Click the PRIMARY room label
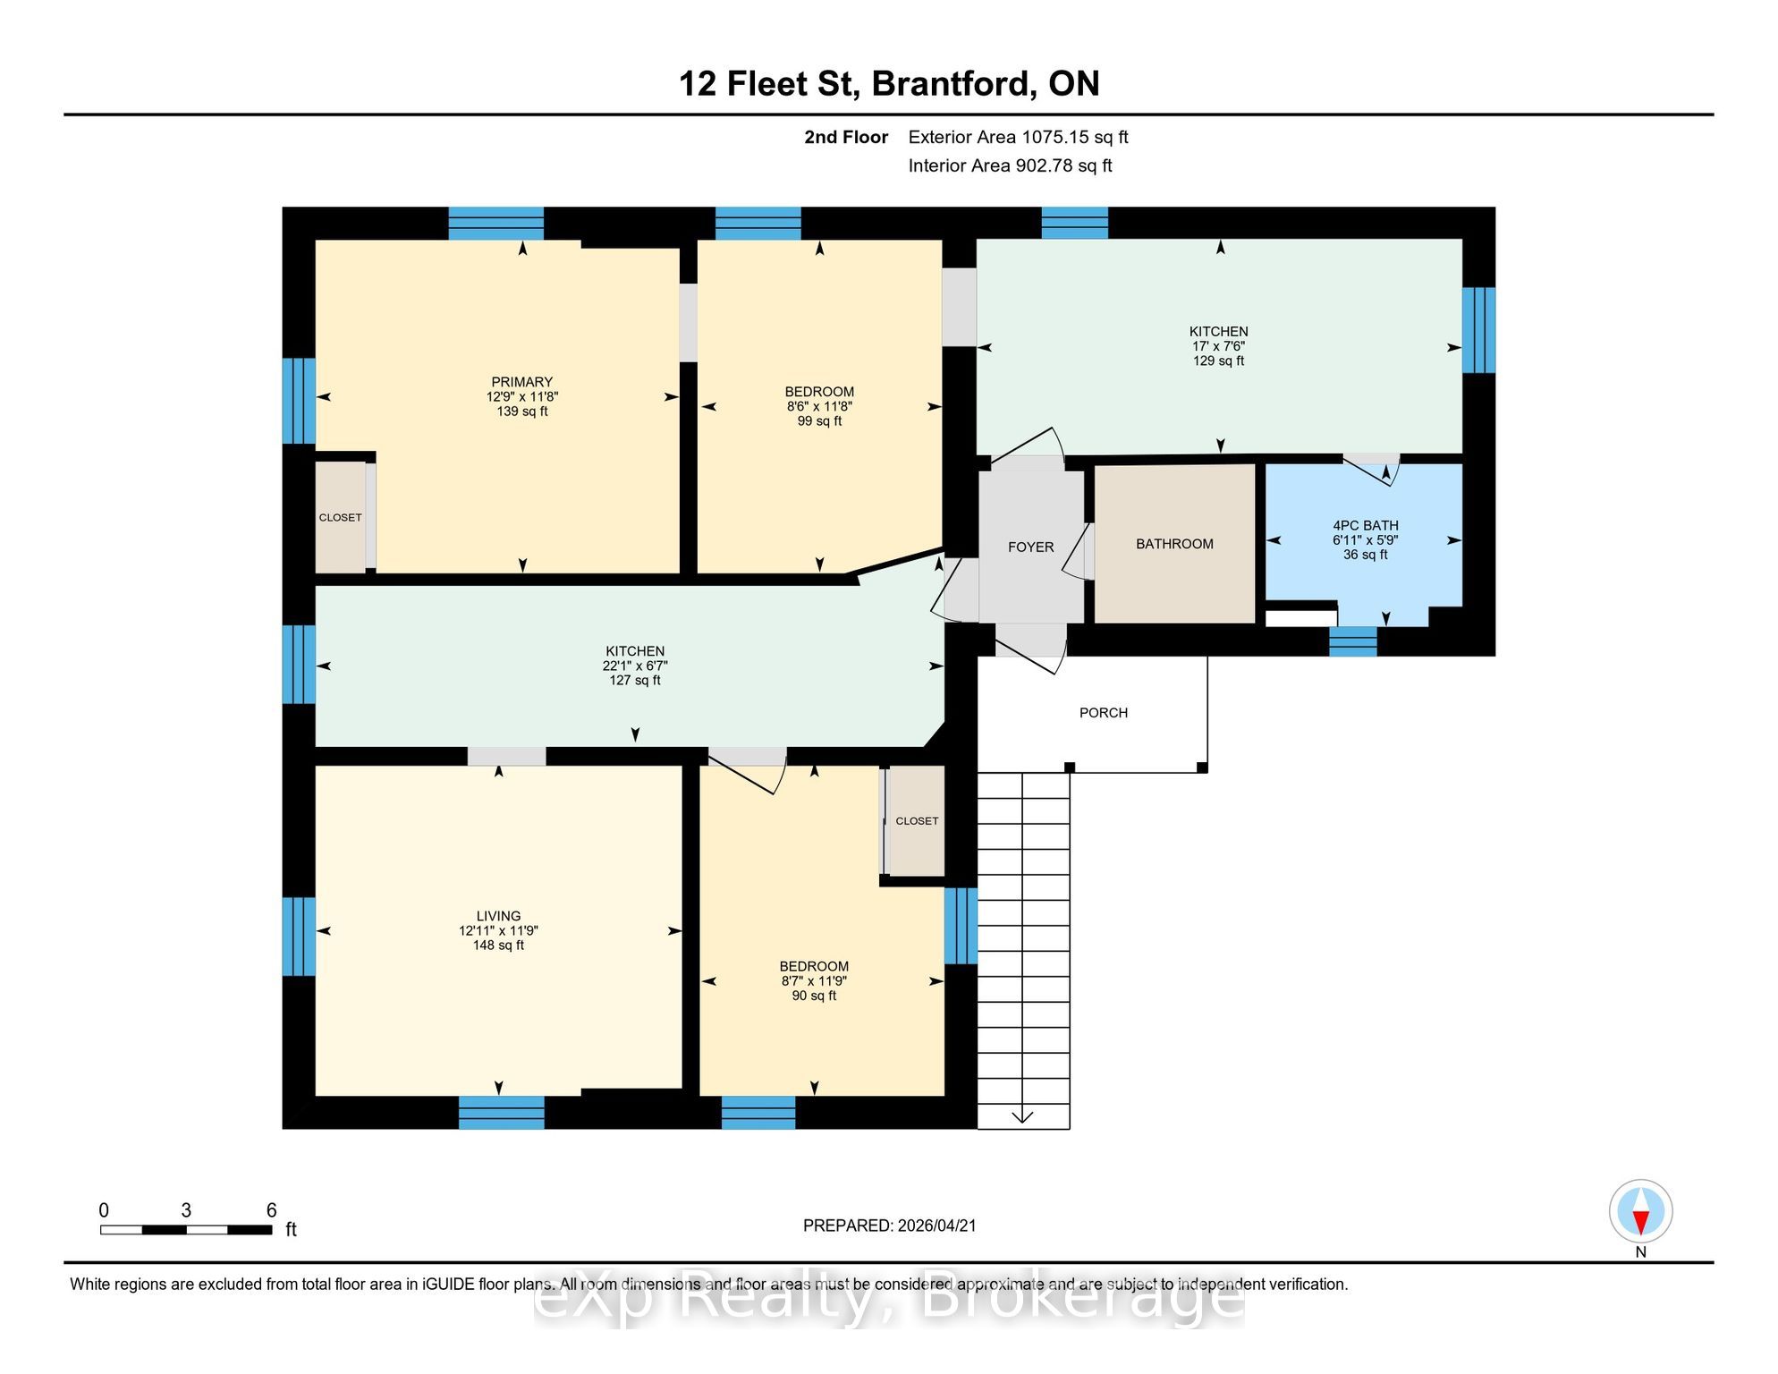522,382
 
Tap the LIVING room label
498,916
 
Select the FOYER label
1030,547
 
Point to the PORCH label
1104,713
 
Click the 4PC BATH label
1366,526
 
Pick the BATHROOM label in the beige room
1174,544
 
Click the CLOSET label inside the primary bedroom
341,518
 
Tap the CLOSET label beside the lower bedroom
917,821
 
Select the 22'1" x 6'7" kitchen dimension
635,666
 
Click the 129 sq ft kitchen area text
1218,360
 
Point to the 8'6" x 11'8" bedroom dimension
819,406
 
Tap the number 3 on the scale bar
186,1210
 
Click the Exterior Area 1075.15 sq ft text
1018,137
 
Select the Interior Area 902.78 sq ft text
1010,165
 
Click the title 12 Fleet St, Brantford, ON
889,83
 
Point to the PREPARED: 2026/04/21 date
889,1226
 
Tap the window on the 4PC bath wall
1352,641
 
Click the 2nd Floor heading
846,137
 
